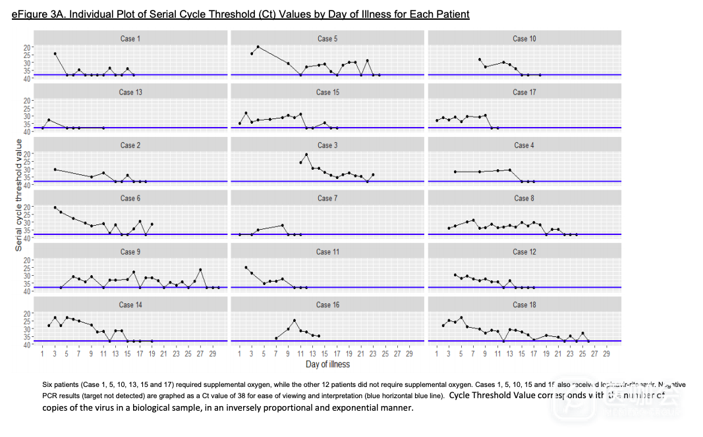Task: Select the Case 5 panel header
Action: click(x=327, y=39)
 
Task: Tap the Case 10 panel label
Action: click(x=524, y=39)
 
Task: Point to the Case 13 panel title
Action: click(x=130, y=92)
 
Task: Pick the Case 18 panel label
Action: click(x=524, y=305)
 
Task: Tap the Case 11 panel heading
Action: click(x=327, y=251)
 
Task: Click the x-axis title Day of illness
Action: click(x=327, y=364)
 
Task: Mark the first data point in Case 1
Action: click(x=55, y=53)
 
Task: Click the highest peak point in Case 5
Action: click(x=258, y=47)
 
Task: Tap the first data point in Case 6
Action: click(x=55, y=207)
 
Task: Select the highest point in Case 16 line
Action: click(x=295, y=321)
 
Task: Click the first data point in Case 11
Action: click(x=246, y=267)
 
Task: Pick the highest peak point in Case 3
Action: click(x=306, y=155)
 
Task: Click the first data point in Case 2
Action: click(x=55, y=170)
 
